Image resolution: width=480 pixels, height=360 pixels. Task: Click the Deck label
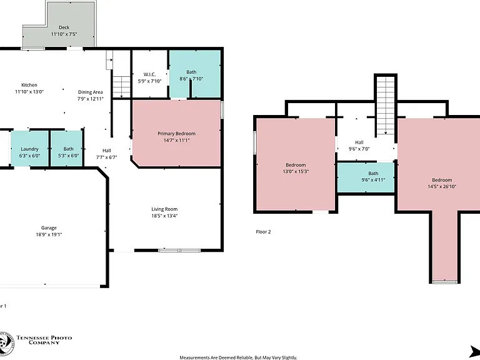64,27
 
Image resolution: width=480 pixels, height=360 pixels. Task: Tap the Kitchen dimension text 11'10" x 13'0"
29,91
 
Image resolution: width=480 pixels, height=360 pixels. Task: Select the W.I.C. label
150,74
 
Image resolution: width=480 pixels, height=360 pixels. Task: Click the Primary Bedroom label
176,134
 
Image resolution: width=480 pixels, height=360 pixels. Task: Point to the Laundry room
29,149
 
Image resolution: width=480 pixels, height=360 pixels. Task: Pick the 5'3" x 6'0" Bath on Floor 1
66,149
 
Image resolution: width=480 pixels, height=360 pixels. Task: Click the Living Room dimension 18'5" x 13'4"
164,216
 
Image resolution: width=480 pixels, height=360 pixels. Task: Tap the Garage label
49,227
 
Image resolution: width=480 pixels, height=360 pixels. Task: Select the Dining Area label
90,92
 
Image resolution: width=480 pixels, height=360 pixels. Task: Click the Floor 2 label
263,232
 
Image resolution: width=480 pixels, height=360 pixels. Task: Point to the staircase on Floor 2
386,106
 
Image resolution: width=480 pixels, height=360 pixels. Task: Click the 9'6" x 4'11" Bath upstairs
366,177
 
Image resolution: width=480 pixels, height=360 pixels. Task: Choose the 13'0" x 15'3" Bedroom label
296,165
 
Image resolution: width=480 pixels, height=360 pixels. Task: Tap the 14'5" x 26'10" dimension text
442,186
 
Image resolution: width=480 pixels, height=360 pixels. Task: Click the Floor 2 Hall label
359,142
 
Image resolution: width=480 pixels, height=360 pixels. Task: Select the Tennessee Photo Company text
44,340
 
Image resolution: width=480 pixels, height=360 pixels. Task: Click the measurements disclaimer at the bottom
238,357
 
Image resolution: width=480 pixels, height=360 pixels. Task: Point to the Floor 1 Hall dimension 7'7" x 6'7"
106,157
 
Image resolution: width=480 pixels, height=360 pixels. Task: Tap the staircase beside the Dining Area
121,87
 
